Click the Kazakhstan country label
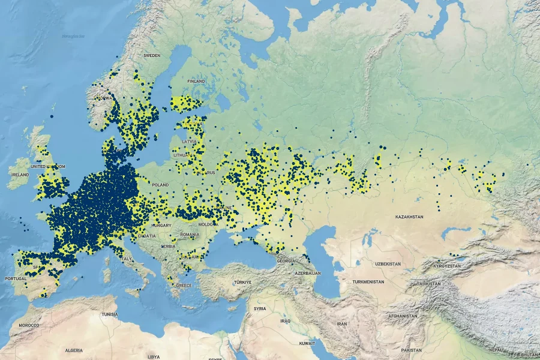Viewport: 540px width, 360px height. pyautogui.click(x=409, y=216)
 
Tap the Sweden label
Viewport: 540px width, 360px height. pyautogui.click(x=152, y=55)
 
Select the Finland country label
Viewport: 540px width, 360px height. pyautogui.click(x=196, y=82)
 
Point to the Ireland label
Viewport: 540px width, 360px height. pyautogui.click(x=20, y=175)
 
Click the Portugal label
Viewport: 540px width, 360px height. pyautogui.click(x=16, y=279)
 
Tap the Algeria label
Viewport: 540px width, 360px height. pyautogui.click(x=74, y=349)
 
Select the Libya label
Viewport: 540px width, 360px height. pyautogui.click(x=154, y=356)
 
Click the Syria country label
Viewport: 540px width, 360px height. pyautogui.click(x=259, y=308)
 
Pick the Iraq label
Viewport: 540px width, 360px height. pyautogui.click(x=284, y=321)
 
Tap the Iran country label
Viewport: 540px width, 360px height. pyautogui.click(x=342, y=323)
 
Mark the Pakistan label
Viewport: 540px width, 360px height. pyautogui.click(x=412, y=349)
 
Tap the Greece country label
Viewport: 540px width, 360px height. pyautogui.click(x=184, y=286)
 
